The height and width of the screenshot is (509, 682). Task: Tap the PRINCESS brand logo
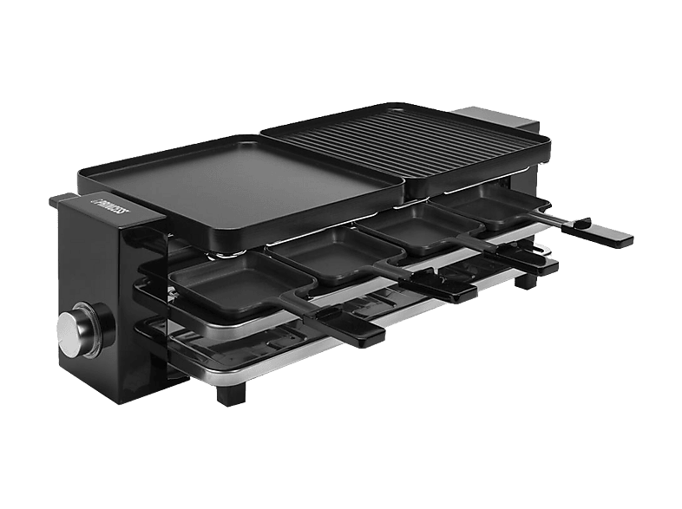click(113, 208)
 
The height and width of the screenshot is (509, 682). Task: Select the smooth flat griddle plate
click(240, 191)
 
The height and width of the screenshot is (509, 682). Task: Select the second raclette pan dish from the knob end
click(336, 254)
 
